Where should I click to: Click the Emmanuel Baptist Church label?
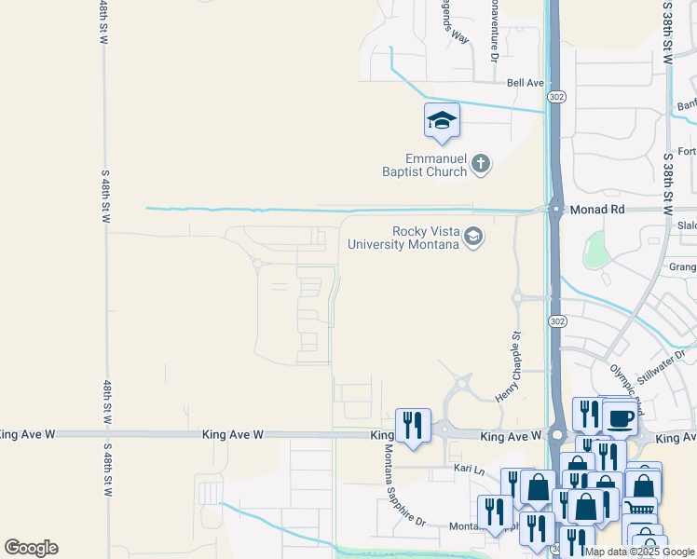[x=428, y=165]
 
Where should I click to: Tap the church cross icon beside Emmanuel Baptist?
[x=481, y=165]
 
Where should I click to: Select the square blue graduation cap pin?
[x=442, y=120]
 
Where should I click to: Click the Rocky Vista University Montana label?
[x=403, y=239]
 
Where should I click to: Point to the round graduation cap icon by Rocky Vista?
[x=473, y=237]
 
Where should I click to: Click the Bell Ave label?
[x=525, y=83]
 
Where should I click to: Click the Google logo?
[x=31, y=548]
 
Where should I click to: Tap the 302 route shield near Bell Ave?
[x=556, y=97]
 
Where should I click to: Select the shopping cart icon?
[x=640, y=508]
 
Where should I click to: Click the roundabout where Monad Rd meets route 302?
[x=555, y=210]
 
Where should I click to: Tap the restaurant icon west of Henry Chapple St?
[x=411, y=425]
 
